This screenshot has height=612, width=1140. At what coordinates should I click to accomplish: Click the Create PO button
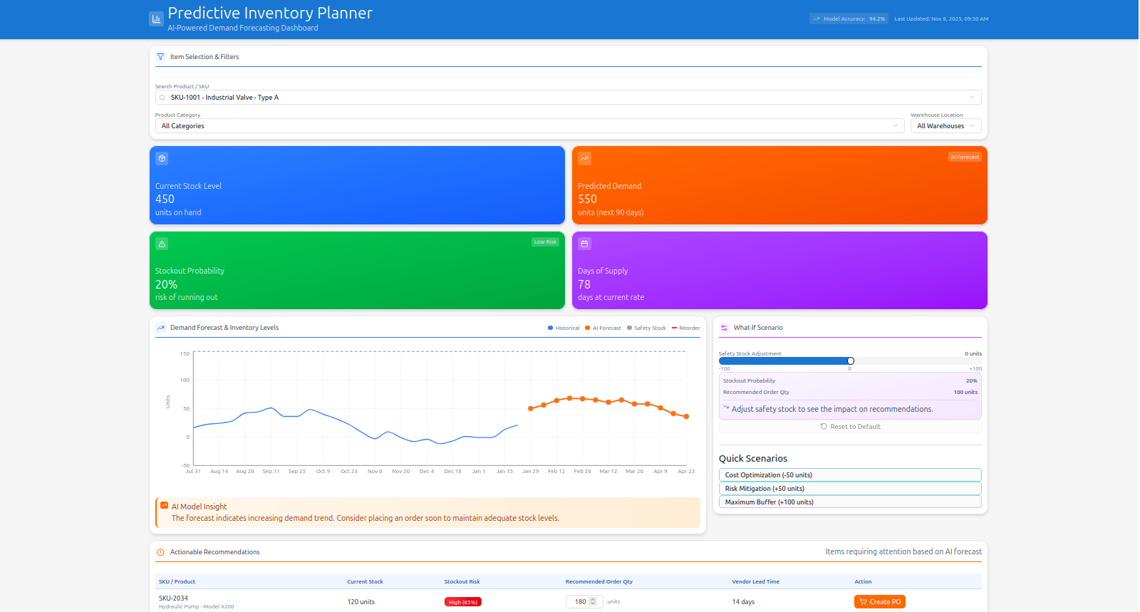click(x=879, y=602)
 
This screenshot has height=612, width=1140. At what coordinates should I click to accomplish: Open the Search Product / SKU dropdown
click(x=568, y=98)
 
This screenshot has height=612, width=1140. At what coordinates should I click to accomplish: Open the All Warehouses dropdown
click(x=945, y=126)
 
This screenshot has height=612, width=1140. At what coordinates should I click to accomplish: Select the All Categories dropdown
click(x=529, y=126)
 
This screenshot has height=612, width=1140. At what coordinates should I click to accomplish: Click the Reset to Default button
click(x=850, y=427)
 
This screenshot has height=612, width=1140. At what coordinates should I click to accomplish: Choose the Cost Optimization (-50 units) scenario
click(x=850, y=475)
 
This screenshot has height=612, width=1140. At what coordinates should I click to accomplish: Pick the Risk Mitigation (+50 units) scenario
click(x=850, y=489)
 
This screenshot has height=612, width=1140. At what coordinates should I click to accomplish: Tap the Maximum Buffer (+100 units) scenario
click(x=850, y=502)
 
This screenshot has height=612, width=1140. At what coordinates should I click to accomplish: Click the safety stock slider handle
click(x=851, y=361)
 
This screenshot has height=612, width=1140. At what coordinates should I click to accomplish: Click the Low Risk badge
click(x=545, y=242)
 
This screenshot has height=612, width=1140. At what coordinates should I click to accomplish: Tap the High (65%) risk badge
click(x=462, y=602)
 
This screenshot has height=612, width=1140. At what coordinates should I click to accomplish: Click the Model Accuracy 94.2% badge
click(x=849, y=19)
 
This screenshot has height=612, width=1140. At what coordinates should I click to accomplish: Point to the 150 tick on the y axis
click(x=185, y=353)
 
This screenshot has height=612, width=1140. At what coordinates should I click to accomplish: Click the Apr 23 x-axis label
click(x=686, y=472)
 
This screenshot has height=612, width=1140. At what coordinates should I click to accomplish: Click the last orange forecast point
click(x=686, y=417)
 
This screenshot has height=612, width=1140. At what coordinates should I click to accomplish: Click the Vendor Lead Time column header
click(x=755, y=582)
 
